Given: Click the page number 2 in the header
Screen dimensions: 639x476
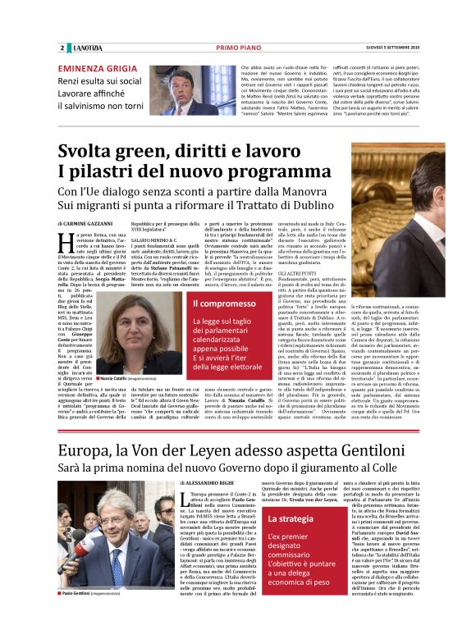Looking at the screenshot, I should pos(62,48).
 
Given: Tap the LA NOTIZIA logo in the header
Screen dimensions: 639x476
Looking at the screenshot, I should pos(85,48).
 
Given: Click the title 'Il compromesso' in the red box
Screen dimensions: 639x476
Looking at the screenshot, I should pos(215,304).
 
